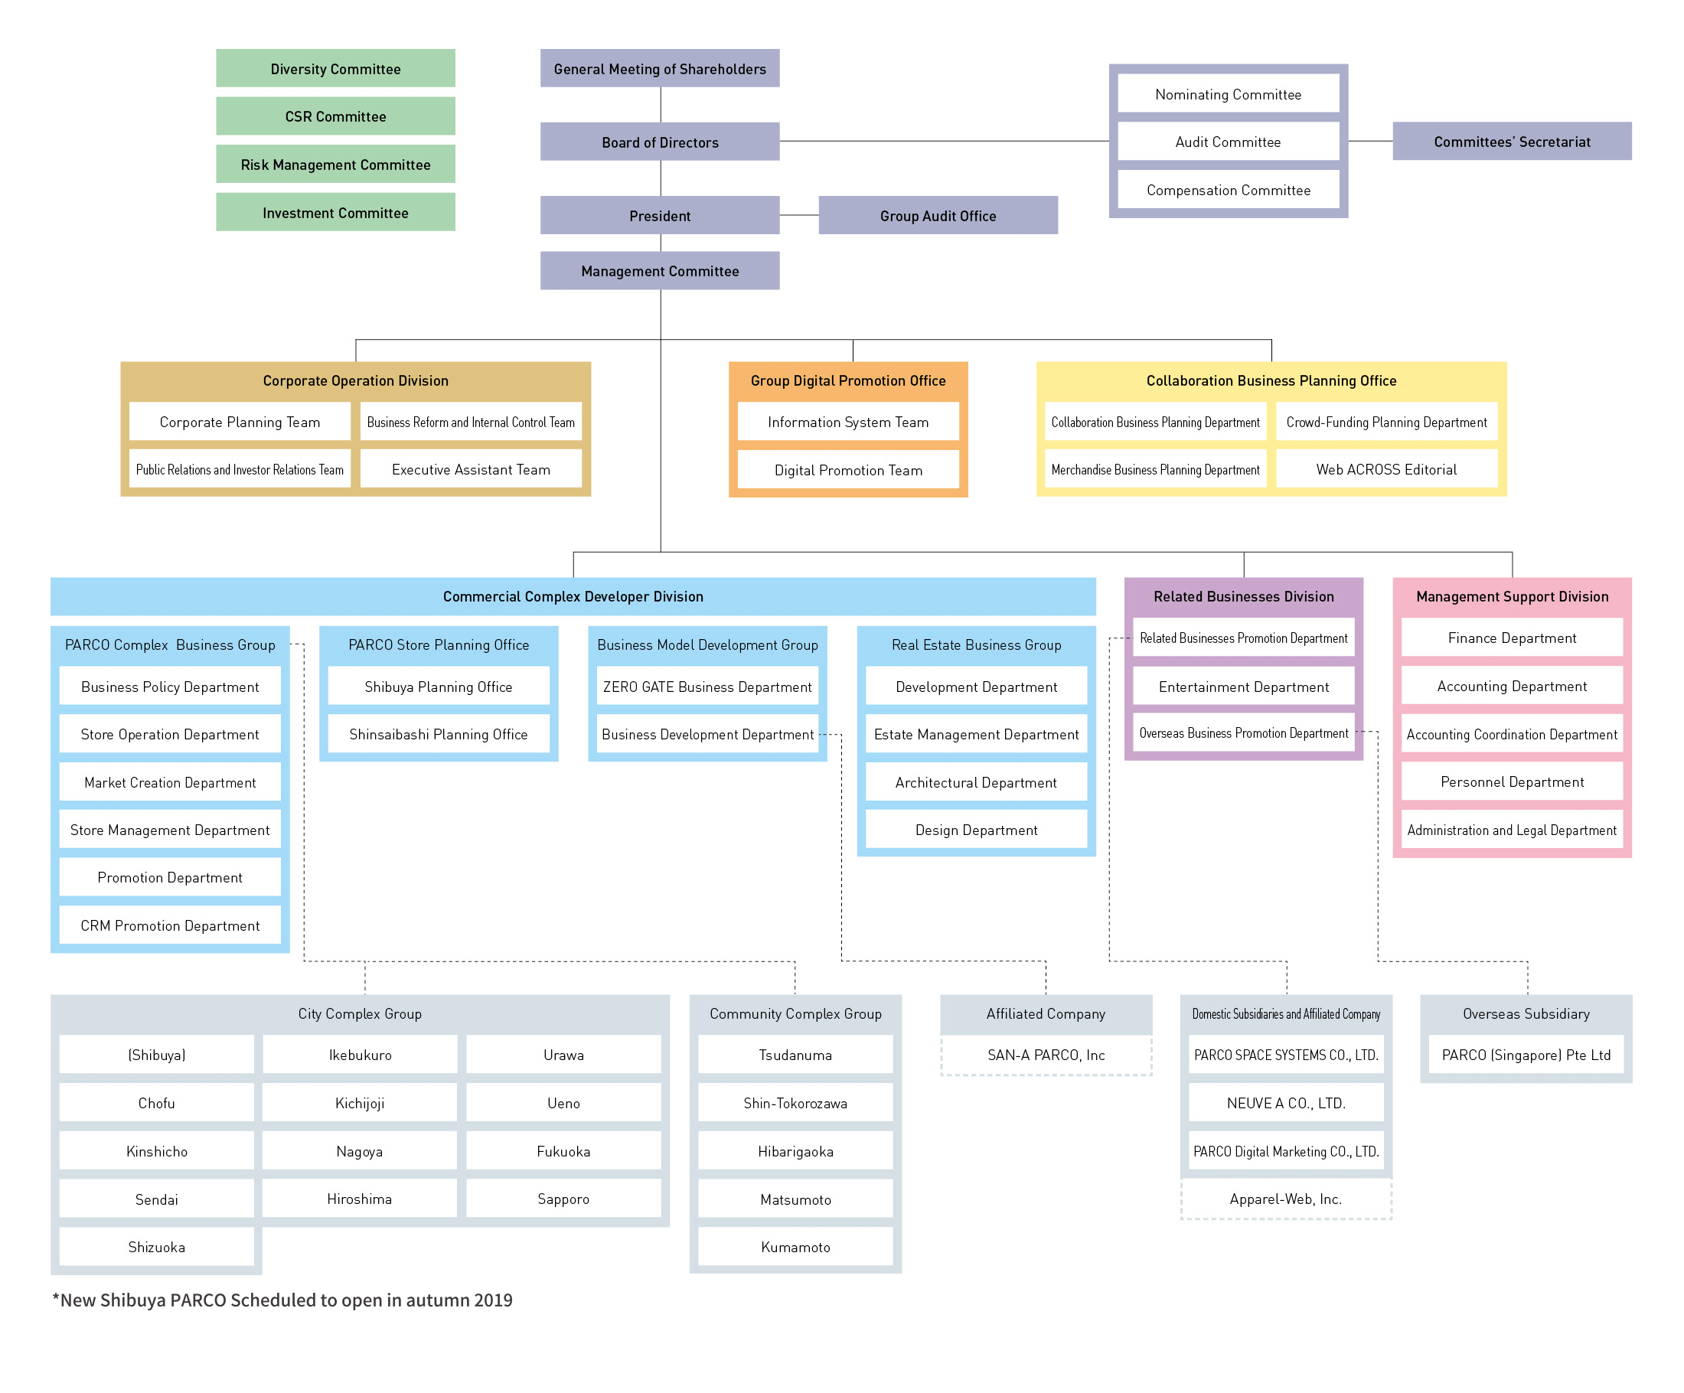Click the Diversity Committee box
pos(335,68)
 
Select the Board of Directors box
pos(659,142)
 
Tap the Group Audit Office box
pos(938,216)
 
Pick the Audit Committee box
pos(1228,142)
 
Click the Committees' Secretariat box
pos(1512,142)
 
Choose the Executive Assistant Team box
pos(471,469)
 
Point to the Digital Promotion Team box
pos(847,470)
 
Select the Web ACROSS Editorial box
pos(1385,469)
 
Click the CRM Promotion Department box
pos(170,925)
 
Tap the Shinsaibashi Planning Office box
pos(438,734)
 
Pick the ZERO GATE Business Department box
pos(707,687)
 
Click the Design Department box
pos(976,830)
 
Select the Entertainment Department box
pos(1243,687)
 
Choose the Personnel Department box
pos(1512,782)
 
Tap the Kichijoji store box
pos(359,1103)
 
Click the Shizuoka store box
pos(156,1247)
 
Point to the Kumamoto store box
pos(795,1247)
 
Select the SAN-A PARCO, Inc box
pos(1046,1055)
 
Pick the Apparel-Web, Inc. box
pos(1285,1199)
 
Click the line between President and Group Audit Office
pos(798,215)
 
